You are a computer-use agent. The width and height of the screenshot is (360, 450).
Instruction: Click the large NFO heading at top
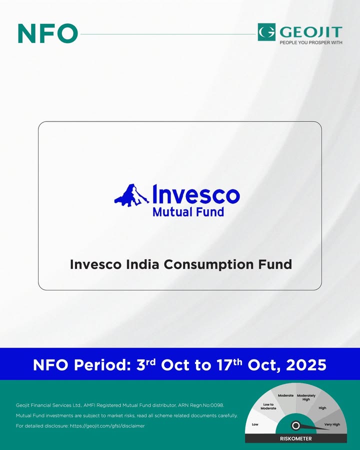pos(48,33)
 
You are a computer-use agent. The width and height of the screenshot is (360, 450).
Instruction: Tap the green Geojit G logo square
pos(266,32)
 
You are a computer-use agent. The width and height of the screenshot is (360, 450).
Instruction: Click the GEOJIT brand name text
pos(311,32)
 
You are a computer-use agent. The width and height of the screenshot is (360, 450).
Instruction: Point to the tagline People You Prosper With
pos(311,42)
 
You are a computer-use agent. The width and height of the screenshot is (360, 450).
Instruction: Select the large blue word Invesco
pos(196,194)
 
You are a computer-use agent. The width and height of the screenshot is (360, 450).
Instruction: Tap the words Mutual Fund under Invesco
pos(188,212)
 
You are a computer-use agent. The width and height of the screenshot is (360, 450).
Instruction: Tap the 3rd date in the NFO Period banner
pos(146,364)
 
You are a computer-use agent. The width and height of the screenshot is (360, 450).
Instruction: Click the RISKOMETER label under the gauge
pos(295,438)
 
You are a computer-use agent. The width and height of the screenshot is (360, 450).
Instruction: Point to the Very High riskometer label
pos(332,424)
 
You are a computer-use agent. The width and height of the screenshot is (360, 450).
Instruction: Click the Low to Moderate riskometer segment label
pos(268,406)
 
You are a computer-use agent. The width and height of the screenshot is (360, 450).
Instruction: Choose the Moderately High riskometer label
pos(306,397)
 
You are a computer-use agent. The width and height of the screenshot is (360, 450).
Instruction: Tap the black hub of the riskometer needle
pos(295,425)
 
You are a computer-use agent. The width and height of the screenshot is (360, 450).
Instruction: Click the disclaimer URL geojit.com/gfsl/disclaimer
pos(107,426)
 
